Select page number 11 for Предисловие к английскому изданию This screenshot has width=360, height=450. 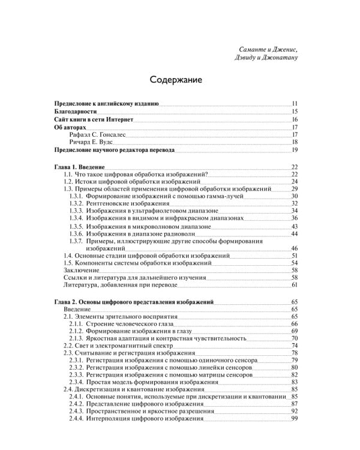(x=295, y=104)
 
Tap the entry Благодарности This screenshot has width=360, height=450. (x=74, y=112)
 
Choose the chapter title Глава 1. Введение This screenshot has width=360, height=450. (x=80, y=166)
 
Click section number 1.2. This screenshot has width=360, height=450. (x=68, y=181)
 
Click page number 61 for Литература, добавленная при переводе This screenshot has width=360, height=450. (x=295, y=285)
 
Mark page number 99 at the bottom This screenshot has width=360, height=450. (x=295, y=419)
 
